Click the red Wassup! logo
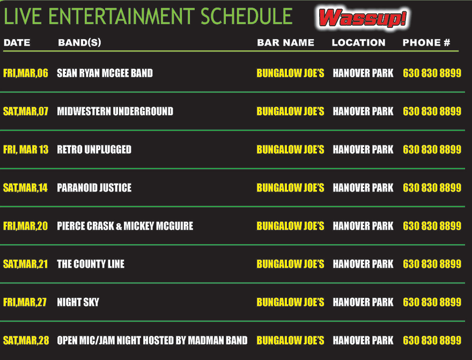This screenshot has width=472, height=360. (363, 18)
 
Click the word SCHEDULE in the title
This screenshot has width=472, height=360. (246, 17)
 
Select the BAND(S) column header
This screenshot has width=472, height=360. (79, 42)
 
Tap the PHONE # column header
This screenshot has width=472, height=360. (426, 42)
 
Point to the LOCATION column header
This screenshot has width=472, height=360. (358, 42)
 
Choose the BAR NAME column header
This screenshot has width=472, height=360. (286, 42)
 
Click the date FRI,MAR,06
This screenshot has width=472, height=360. (26, 73)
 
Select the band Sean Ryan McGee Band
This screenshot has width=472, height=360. (105, 73)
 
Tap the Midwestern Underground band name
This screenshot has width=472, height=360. (115, 112)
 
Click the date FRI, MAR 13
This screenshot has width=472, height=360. (26, 150)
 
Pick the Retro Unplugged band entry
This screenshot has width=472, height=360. (94, 150)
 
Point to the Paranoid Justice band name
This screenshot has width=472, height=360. (94, 188)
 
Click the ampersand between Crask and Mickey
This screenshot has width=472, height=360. (119, 226)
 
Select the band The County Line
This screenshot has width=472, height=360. (91, 264)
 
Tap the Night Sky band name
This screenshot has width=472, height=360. (78, 302)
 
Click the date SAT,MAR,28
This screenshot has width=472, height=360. (26, 341)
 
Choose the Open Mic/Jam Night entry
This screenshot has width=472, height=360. (152, 341)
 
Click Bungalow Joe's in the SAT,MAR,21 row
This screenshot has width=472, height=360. (291, 264)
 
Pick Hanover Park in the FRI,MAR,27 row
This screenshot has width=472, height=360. (363, 302)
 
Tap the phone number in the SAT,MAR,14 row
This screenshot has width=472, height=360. (432, 188)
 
